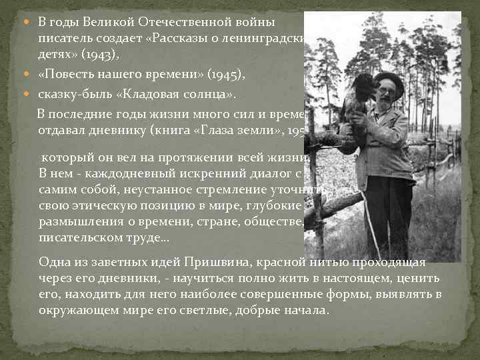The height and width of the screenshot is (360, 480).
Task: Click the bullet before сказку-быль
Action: [30, 93]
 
